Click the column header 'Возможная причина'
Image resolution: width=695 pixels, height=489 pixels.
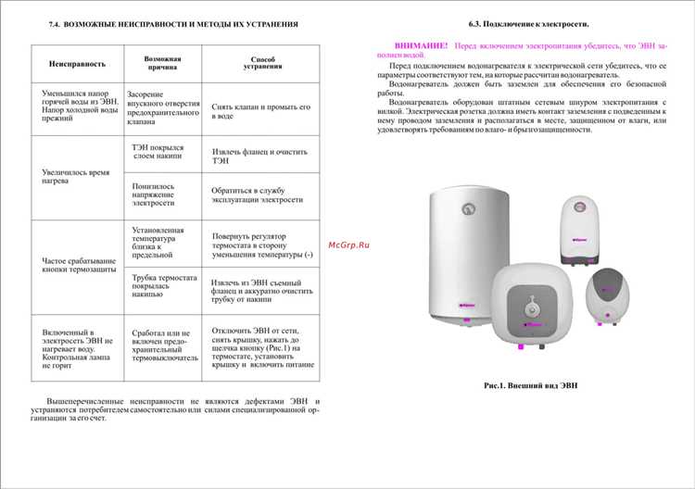coord(163,63)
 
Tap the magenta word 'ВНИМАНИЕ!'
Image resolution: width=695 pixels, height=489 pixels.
coord(421,44)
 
